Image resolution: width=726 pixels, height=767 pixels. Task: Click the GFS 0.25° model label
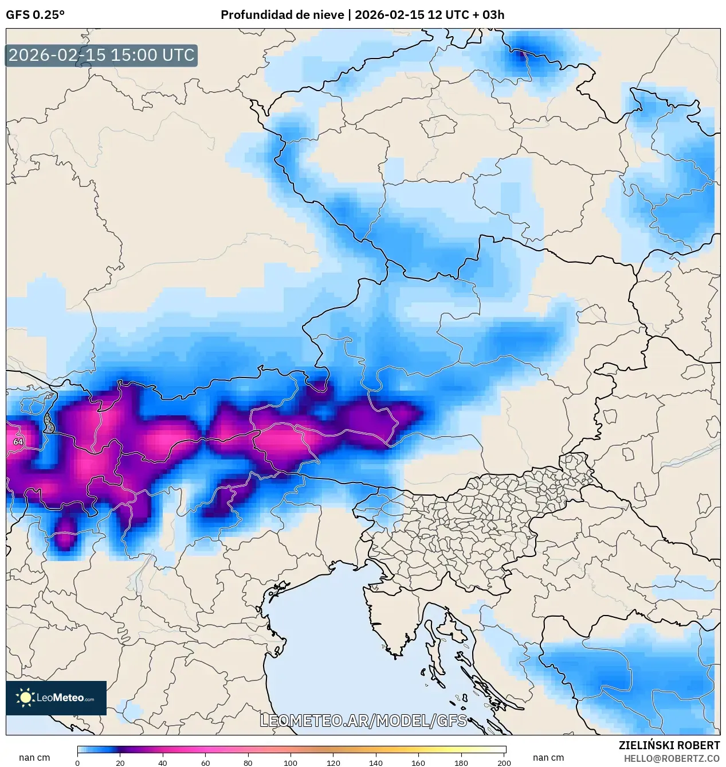tap(35, 15)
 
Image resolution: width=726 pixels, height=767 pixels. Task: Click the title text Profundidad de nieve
tap(282, 15)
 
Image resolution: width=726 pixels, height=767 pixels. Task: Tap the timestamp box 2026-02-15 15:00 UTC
tap(101, 55)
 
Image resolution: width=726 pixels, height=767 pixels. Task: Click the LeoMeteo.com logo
tap(56, 698)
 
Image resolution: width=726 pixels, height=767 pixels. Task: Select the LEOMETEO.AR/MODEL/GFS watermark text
tap(363, 721)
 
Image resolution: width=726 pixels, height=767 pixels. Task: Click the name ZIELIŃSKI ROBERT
tap(669, 745)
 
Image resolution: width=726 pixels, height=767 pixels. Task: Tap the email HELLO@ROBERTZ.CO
tap(672, 758)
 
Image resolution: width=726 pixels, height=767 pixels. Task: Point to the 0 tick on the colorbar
tap(77, 762)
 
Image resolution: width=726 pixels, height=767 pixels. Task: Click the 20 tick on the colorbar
tap(120, 762)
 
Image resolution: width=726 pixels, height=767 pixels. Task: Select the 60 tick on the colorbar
tap(206, 762)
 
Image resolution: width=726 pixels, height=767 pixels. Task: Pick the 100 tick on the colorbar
tap(291, 762)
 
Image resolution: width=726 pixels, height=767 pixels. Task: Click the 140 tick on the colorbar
tap(376, 762)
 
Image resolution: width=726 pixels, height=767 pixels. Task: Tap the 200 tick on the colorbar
tap(504, 762)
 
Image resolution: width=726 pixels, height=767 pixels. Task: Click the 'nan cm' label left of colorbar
tap(34, 757)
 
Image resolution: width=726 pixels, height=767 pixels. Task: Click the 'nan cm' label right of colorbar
tap(548, 757)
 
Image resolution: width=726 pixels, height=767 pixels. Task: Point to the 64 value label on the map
tap(18, 442)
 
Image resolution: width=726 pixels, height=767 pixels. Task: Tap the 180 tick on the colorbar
tap(461, 762)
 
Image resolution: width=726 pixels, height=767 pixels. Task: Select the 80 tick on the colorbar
tap(248, 762)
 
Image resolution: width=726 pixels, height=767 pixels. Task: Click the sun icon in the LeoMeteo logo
tap(25, 698)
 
